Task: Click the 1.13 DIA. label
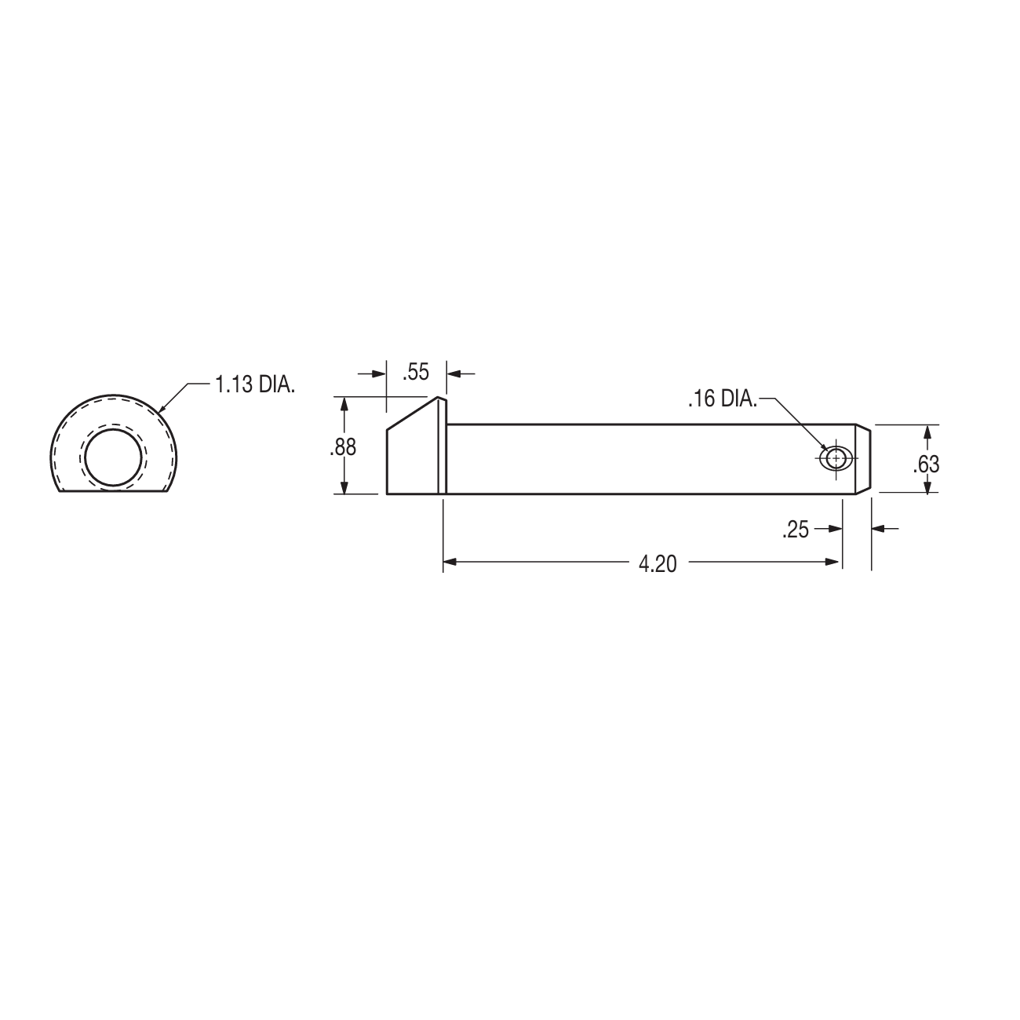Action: (x=255, y=385)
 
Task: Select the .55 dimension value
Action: (x=416, y=373)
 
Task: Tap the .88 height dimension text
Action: (x=343, y=447)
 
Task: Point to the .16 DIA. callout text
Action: (x=722, y=400)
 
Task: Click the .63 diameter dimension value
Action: (x=926, y=464)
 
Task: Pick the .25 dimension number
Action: (x=795, y=530)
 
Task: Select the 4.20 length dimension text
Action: (x=658, y=563)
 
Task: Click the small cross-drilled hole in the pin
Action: (x=836, y=458)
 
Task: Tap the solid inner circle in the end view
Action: (x=115, y=458)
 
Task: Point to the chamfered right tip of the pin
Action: (x=863, y=459)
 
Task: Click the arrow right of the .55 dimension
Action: (x=454, y=373)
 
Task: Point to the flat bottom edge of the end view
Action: (x=115, y=492)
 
